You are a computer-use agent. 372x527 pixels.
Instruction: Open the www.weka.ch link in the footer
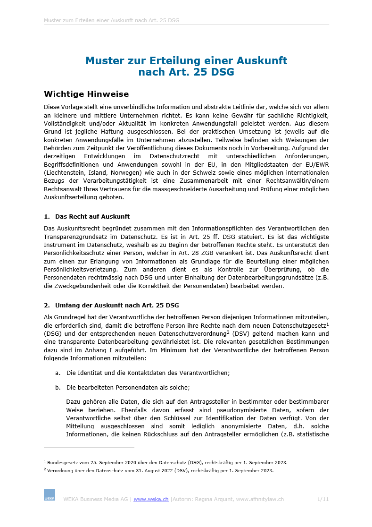pos(151,499)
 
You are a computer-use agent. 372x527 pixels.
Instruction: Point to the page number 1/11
pos(323,499)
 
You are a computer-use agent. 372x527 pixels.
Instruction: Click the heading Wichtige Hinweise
pos(86,94)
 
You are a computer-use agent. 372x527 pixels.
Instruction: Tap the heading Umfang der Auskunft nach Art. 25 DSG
pos(117,305)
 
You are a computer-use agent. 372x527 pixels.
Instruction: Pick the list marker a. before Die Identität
pos(58,373)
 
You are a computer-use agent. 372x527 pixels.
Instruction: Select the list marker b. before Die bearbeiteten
pos(58,388)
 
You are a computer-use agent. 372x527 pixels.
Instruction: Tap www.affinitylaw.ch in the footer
pos(260,499)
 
